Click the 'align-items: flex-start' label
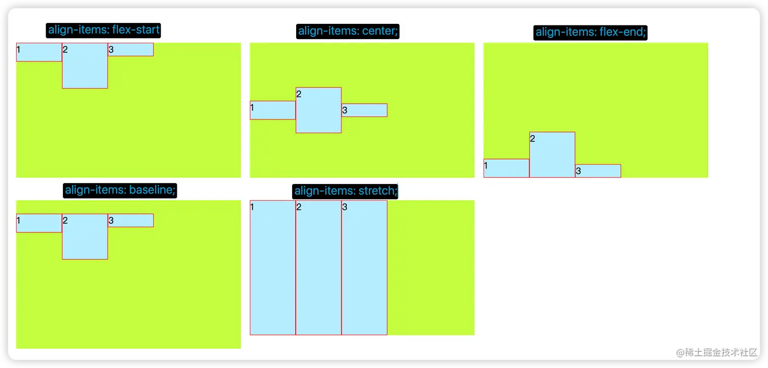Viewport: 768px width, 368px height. coord(104,30)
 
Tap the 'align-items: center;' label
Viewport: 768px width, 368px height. coord(348,31)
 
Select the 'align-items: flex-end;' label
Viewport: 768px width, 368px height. coord(591,33)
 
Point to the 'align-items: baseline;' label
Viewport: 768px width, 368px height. coord(120,191)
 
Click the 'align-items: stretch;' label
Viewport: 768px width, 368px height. coord(345,191)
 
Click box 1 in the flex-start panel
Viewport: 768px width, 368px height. coord(39,52)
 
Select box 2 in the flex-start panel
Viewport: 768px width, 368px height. coord(85,66)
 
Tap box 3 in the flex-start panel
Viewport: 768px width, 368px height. coord(131,49)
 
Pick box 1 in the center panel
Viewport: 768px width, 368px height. coord(273,110)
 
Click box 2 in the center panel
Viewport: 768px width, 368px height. coord(318,110)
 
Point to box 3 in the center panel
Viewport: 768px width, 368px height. coord(364,110)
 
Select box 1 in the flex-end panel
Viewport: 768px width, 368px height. coord(506,168)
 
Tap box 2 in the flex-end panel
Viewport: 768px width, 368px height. coord(552,155)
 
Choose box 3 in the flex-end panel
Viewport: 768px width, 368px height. coord(598,171)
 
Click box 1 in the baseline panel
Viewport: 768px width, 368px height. coord(39,223)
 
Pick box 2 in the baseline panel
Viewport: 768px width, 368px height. coord(85,236)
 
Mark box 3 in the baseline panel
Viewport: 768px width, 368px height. coord(131,221)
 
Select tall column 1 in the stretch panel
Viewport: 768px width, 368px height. coord(273,267)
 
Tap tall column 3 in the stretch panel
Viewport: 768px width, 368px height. coord(364,267)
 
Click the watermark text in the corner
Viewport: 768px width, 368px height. coord(717,352)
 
